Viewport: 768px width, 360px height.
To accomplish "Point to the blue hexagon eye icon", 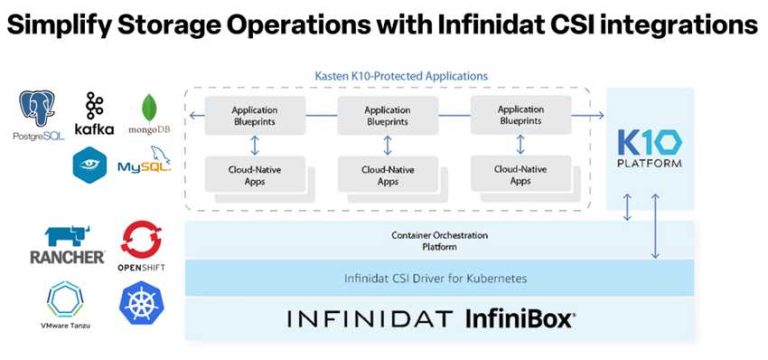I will click(90, 164).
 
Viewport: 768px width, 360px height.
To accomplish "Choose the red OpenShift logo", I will click(141, 245).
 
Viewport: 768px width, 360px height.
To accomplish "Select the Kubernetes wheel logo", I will click(141, 303).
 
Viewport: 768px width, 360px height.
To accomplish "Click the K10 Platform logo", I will click(650, 148).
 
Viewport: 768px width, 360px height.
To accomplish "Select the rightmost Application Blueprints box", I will click(520, 115).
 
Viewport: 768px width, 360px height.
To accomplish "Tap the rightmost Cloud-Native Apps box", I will click(520, 174).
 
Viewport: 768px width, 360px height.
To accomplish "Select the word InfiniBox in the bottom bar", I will click(519, 320).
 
